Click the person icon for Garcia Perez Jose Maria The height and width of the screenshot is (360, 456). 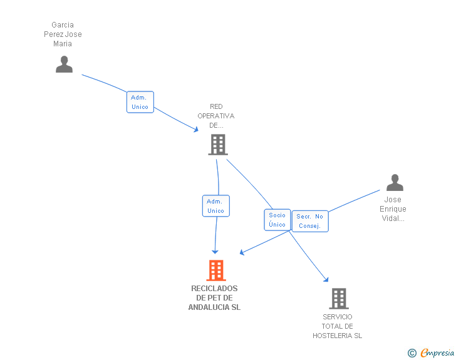pyautogui.click(x=64, y=64)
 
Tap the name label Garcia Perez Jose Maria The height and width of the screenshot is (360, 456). pyautogui.click(x=63, y=34)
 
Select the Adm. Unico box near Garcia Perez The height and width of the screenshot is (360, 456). pyautogui.click(x=140, y=102)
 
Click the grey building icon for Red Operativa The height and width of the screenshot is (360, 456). pyautogui.click(x=217, y=145)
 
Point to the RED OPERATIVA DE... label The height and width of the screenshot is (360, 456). pyautogui.click(x=216, y=116)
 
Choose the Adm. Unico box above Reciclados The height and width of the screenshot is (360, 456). pyautogui.click(x=215, y=206)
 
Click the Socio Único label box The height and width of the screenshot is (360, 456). pyautogui.click(x=277, y=220)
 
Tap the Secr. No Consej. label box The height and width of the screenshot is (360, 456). pyautogui.click(x=309, y=221)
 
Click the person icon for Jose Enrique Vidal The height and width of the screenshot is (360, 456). pyautogui.click(x=395, y=183)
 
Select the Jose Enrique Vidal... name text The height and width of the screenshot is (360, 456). pyautogui.click(x=393, y=209)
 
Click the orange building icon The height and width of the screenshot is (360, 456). pyautogui.click(x=215, y=270)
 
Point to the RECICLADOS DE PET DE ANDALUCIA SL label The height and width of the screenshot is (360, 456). pyautogui.click(x=214, y=298)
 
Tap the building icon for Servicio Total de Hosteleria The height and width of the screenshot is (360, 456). pyautogui.click(x=338, y=299)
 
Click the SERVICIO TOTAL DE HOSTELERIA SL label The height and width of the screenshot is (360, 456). pyautogui.click(x=338, y=326)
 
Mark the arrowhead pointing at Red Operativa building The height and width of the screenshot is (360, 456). pyautogui.click(x=197, y=130)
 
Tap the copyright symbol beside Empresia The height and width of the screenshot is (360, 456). pyautogui.click(x=412, y=354)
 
